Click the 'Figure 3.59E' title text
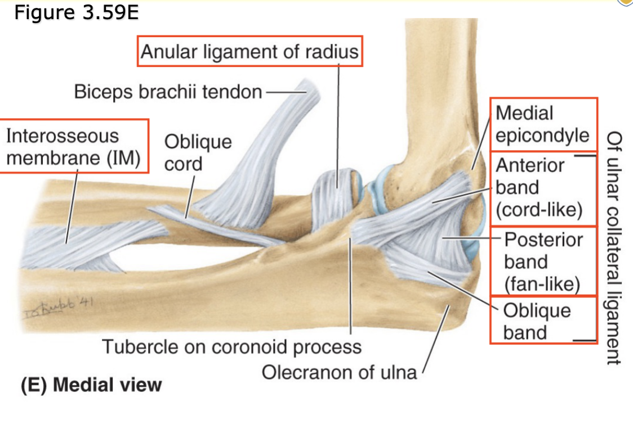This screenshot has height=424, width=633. [76, 12]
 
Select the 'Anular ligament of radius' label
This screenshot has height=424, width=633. [249, 52]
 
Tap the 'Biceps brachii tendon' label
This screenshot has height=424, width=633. [168, 92]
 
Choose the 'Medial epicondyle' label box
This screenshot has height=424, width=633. [542, 124]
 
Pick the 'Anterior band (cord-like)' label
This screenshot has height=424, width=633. [538, 187]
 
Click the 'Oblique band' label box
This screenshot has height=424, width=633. [537, 321]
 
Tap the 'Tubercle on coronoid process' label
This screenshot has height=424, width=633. [231, 346]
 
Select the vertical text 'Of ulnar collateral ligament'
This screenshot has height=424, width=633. [614, 247]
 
